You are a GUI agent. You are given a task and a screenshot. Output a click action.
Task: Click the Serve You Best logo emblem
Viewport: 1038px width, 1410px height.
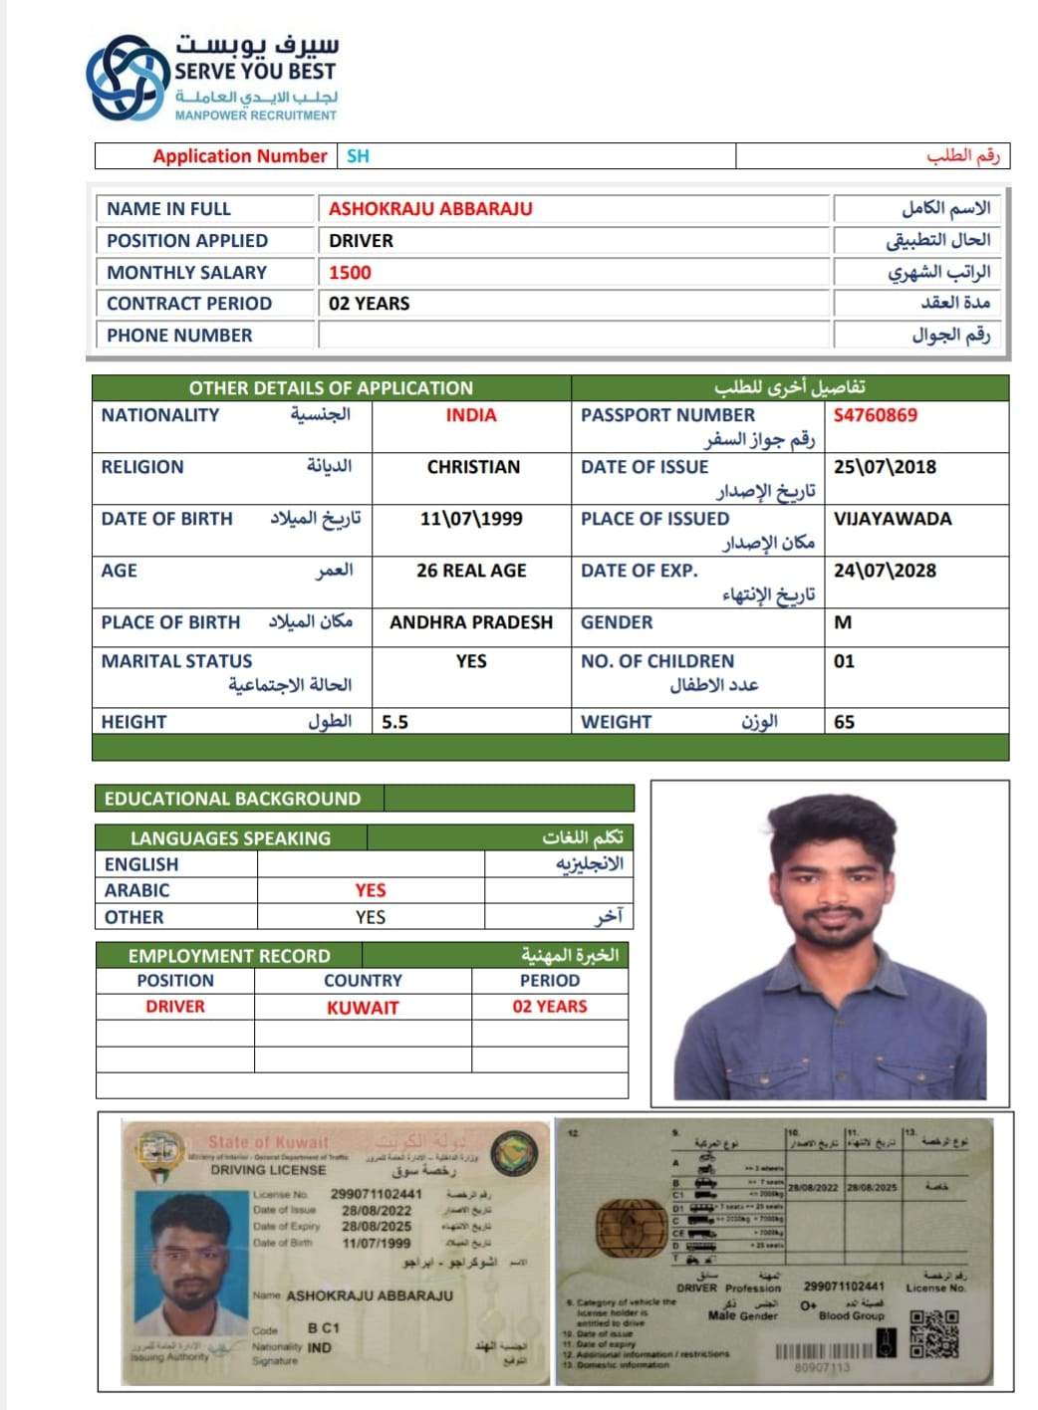coord(129,78)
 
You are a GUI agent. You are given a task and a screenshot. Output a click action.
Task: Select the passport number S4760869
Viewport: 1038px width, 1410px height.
coord(875,415)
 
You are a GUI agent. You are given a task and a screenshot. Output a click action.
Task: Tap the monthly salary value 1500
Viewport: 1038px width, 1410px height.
coord(350,273)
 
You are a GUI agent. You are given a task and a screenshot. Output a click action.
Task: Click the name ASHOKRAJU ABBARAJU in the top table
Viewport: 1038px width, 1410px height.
coord(430,209)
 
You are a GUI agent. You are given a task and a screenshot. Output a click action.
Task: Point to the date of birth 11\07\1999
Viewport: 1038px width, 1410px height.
coord(471,519)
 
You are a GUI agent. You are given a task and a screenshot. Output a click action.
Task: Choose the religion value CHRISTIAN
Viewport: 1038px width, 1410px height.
coord(473,467)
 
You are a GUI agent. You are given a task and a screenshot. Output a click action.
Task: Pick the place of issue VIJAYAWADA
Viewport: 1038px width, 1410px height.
coord(892,519)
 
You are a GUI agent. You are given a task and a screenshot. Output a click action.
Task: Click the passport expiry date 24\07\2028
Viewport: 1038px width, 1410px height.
coord(885,571)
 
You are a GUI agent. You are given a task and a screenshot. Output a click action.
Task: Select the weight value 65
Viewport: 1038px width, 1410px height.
coord(844,722)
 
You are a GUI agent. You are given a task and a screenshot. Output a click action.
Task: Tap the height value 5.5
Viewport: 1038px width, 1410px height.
coord(394,722)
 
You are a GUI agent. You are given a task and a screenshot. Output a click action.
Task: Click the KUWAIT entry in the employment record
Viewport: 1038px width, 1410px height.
coord(363,1008)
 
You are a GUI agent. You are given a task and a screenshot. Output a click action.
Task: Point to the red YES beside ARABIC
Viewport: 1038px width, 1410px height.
coord(371,890)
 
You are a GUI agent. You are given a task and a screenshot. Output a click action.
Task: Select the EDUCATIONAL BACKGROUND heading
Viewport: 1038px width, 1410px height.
coord(232,799)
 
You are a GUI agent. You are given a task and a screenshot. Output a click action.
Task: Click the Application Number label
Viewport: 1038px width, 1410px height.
coord(239,156)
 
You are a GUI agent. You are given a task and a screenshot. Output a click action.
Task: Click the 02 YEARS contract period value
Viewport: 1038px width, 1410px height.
coord(369,304)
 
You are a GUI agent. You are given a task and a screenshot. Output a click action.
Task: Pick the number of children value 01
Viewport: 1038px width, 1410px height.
coord(844,661)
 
